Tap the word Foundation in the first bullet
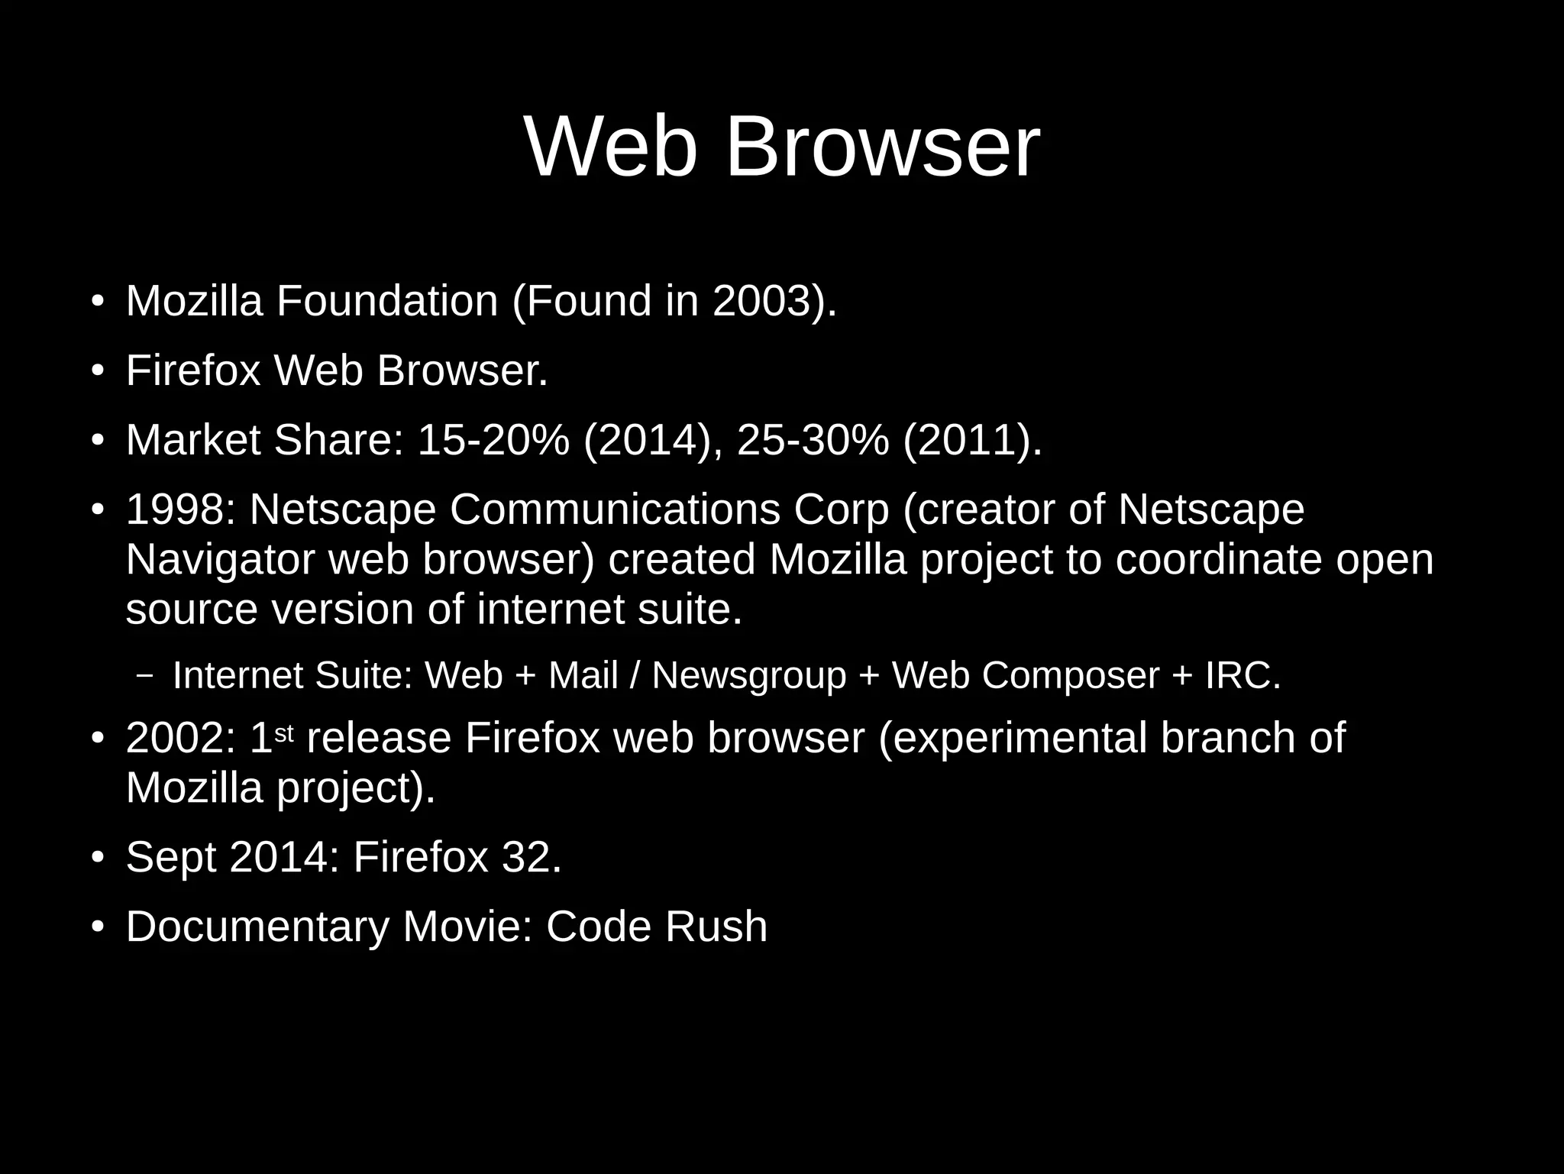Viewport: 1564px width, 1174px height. [x=387, y=300]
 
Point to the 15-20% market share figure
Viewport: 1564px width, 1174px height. [x=493, y=440]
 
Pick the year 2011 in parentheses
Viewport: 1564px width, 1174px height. [x=971, y=440]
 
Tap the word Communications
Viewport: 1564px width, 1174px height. [x=615, y=509]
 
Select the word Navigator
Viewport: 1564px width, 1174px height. [x=220, y=559]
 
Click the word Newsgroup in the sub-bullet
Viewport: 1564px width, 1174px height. [x=748, y=675]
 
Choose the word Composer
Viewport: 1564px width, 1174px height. [x=1070, y=675]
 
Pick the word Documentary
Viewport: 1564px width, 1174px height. [x=257, y=927]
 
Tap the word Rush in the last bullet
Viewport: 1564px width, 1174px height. [x=716, y=927]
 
